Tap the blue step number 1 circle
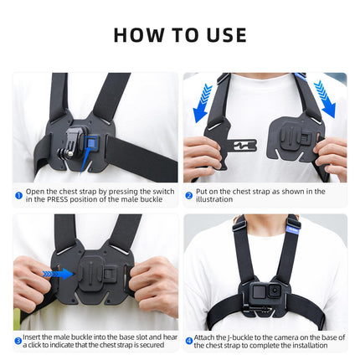18,196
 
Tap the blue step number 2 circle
189,196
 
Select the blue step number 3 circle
18,342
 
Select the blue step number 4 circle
189,342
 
